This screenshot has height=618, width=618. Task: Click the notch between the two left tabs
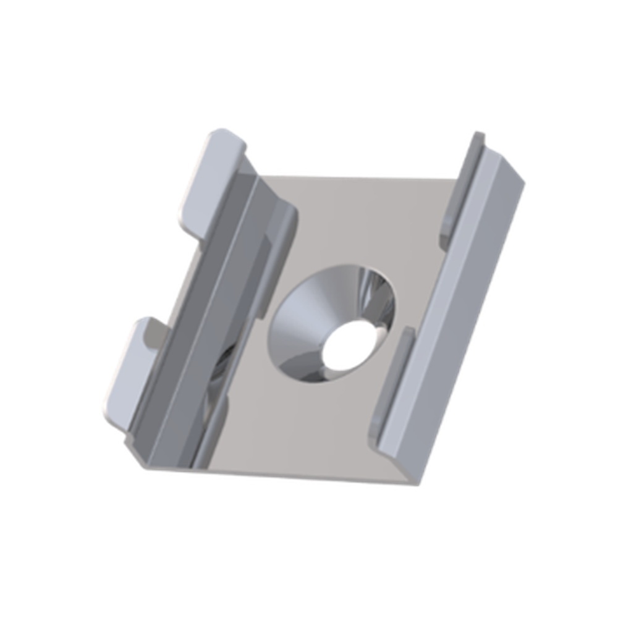tap(179, 278)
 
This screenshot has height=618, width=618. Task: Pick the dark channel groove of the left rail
tap(204, 309)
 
